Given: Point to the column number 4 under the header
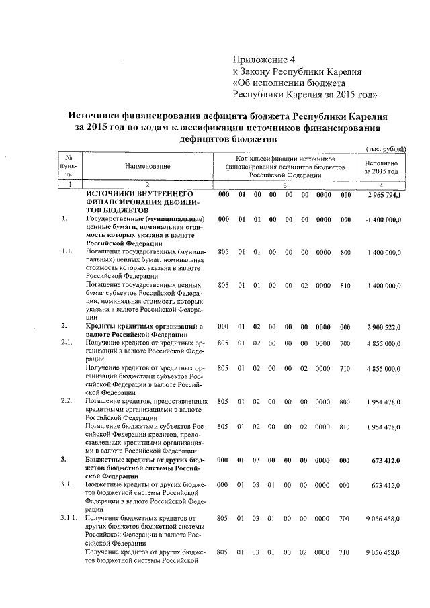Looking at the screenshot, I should coord(381,184).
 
